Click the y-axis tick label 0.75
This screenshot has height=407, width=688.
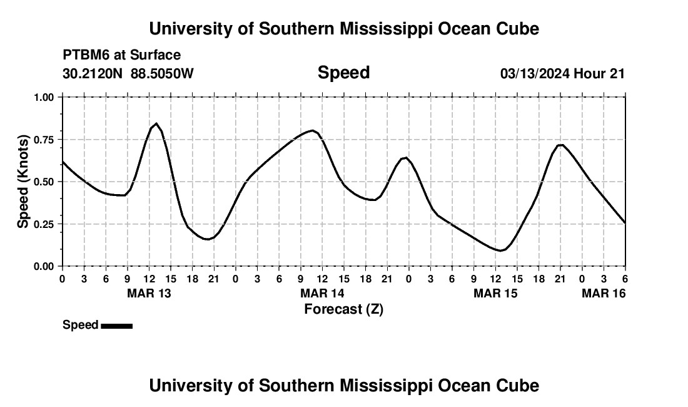pos(43,140)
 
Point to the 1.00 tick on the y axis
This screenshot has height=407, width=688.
pos(43,97)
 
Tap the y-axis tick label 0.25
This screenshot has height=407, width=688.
pos(43,224)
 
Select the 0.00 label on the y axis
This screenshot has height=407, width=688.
pos(43,266)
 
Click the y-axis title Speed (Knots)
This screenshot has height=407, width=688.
pos(23,182)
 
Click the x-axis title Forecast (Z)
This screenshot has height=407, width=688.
pos(343,309)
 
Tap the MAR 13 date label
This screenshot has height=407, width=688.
pos(149,293)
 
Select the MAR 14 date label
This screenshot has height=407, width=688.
pos(322,293)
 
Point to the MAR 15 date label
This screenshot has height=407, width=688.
pos(495,293)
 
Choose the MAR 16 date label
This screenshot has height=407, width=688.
pos(604,293)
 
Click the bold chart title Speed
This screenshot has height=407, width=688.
pos(343,73)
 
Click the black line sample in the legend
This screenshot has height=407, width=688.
pos(116,326)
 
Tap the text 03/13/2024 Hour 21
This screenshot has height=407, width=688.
pos(562,74)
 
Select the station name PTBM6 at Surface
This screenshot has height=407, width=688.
pos(121,56)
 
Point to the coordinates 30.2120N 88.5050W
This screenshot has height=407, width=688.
pos(128,74)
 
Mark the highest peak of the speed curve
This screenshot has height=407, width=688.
pos(156,123)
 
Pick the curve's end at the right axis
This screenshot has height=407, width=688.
pos(625,222)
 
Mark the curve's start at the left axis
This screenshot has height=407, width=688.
pos(63,162)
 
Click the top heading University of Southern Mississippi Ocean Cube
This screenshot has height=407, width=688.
pos(343,29)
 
